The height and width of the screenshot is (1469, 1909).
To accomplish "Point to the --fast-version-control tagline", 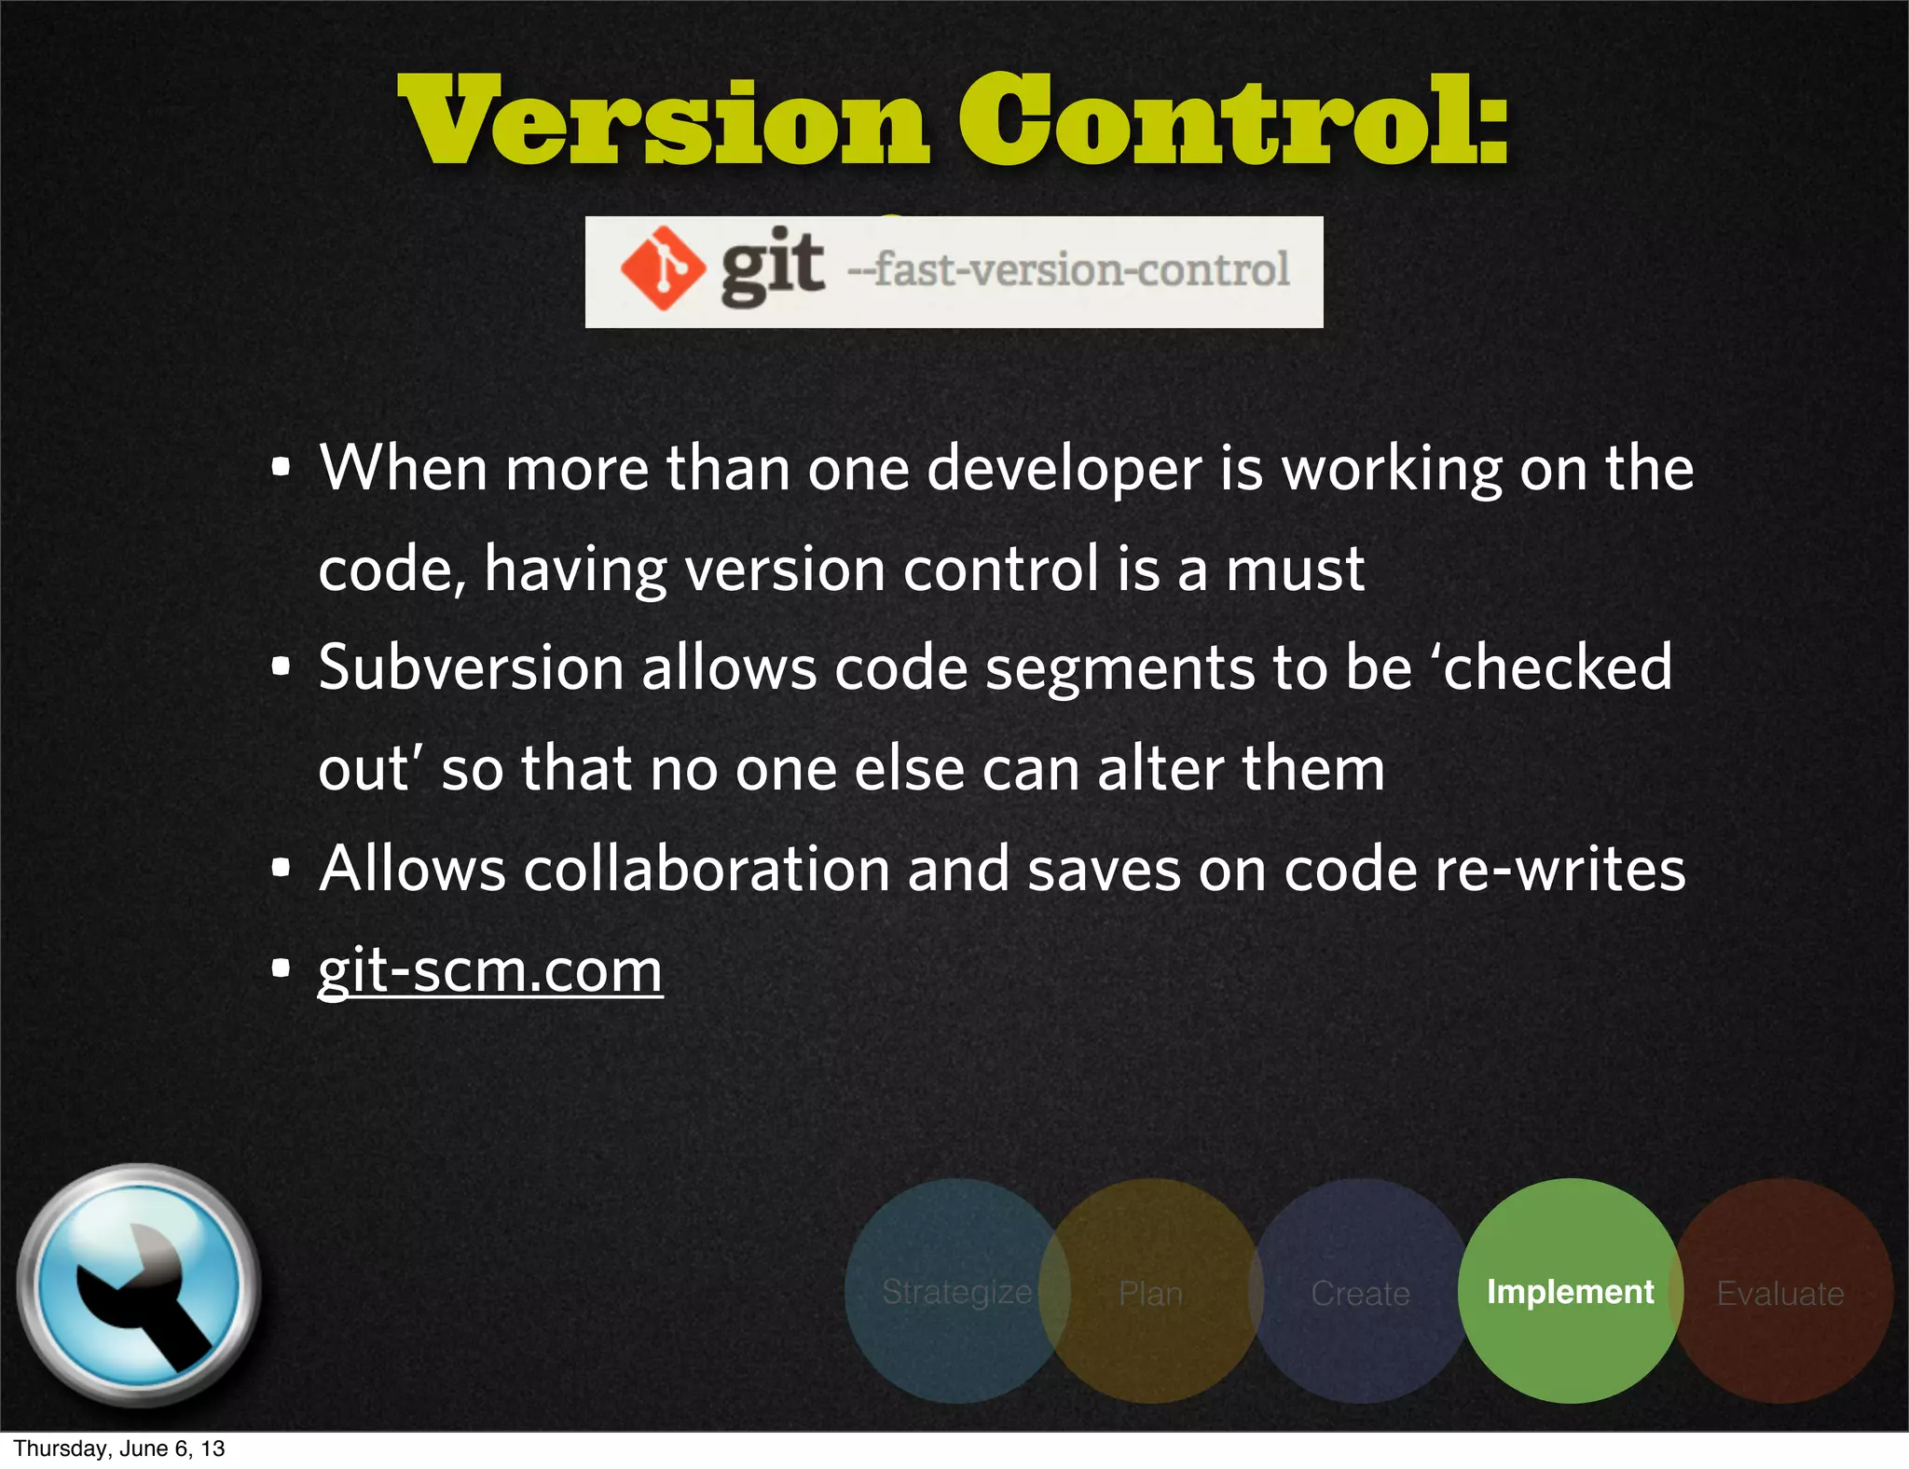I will click(x=1068, y=270).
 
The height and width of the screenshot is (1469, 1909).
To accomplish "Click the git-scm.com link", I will click(x=490, y=970).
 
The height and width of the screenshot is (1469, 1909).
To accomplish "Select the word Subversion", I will click(x=471, y=668).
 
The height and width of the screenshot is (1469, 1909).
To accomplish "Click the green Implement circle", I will click(x=1570, y=1291).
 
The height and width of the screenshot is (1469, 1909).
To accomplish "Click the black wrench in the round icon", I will click(x=140, y=1291).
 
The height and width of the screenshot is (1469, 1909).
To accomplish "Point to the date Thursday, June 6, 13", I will click(x=119, y=1448).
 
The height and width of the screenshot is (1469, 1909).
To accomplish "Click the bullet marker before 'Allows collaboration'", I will click(x=281, y=869).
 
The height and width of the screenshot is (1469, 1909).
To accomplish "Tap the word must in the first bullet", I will click(x=1295, y=569).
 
